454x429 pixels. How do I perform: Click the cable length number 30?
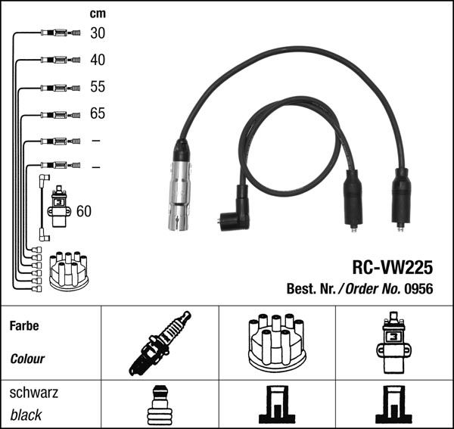98,33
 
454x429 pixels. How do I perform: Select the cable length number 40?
98,60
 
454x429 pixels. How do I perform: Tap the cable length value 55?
98,87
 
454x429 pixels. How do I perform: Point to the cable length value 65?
98,114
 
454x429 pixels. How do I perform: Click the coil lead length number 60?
83,211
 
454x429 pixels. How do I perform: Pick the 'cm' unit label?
97,13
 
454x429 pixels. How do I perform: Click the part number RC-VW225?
392,268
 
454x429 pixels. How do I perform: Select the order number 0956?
418,289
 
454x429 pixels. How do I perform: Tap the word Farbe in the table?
24,327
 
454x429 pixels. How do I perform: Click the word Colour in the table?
27,359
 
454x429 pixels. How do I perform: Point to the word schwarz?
34,393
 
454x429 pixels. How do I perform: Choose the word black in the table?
26,415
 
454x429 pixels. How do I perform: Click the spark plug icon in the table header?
159,343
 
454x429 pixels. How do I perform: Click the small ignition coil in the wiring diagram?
58,208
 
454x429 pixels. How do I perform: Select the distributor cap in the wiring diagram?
68,271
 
